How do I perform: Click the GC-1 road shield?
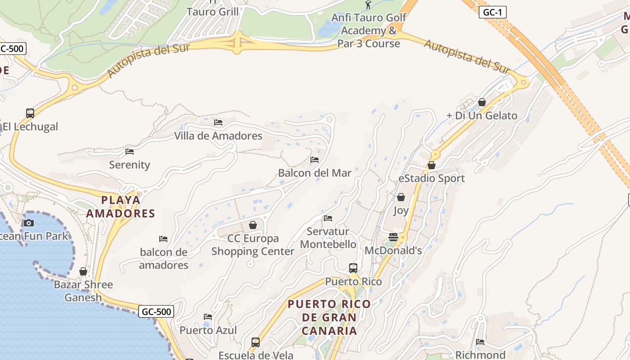coord(493,12)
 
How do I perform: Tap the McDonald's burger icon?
coord(393,237)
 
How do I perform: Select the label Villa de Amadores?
coord(218,135)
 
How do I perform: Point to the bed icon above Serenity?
coord(130,152)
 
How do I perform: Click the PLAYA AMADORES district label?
coord(120,207)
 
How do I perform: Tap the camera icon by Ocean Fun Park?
coord(28,223)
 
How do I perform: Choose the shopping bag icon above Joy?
coord(400,197)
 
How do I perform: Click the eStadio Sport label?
coord(432,178)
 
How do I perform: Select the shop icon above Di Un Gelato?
coord(482,102)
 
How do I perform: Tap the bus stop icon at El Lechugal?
coord(30,113)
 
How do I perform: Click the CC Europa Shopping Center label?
coord(252,245)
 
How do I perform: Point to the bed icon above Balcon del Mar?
coord(315,160)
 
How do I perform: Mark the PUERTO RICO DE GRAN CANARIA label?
coord(329,317)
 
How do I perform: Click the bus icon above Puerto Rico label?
coord(353,268)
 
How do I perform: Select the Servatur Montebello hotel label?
coord(328,238)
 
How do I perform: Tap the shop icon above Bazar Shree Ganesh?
coord(83,271)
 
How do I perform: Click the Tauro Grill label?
coord(212,12)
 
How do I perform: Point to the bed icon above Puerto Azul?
coord(208,317)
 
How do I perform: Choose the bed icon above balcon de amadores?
coord(163,238)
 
